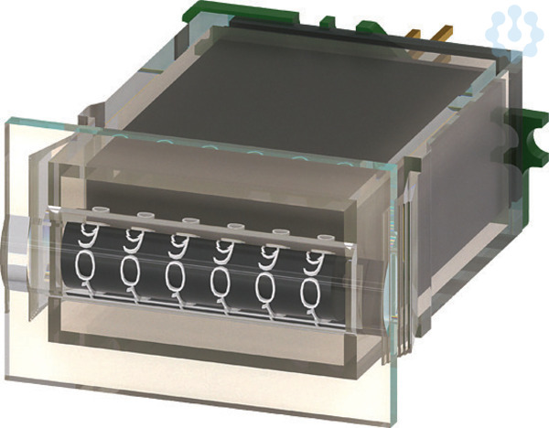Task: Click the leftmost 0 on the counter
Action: point(85,267)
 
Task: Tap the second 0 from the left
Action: point(131,272)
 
